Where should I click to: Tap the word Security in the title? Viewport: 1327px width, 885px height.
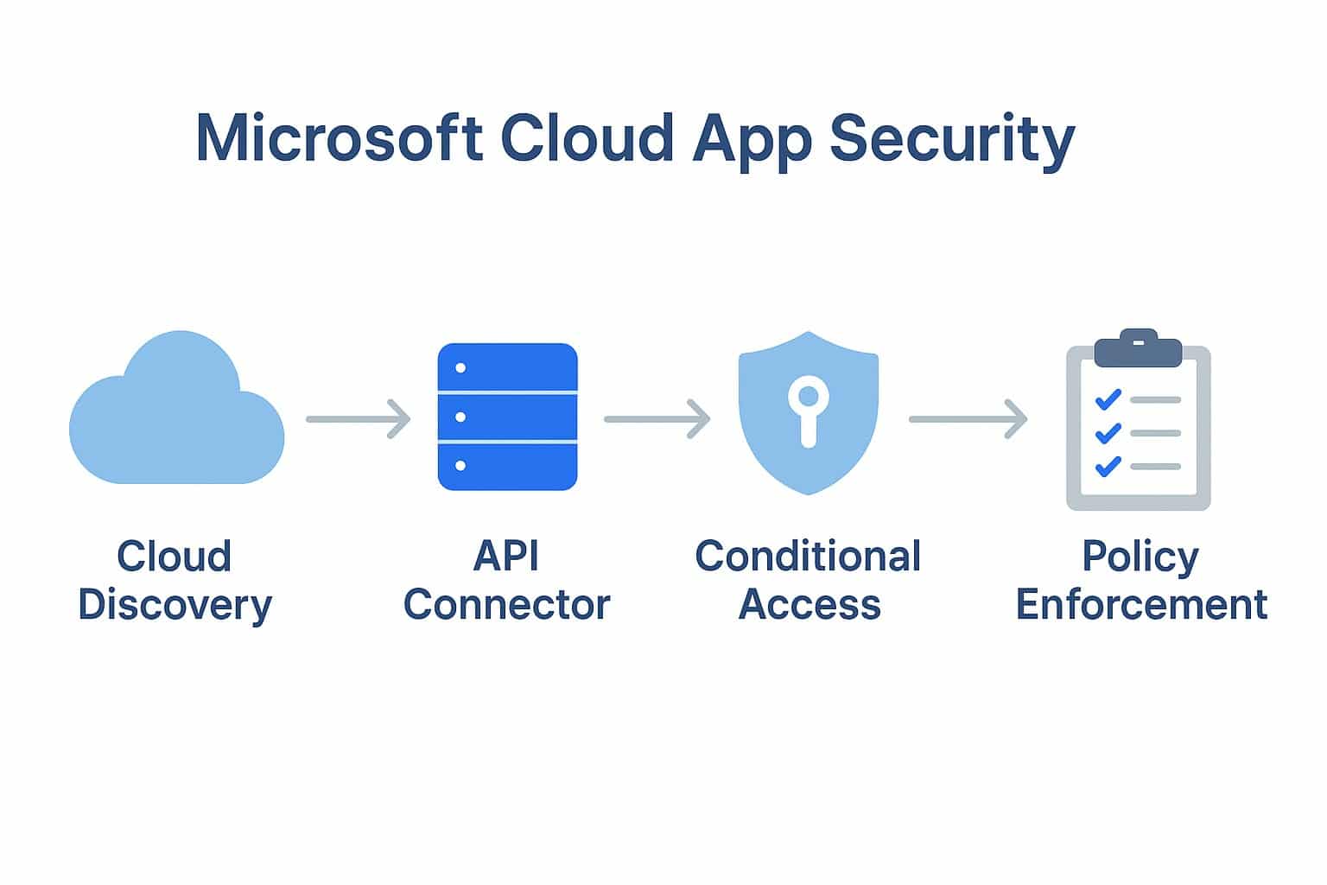click(952, 138)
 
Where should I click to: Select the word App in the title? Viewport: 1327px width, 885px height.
click(752, 138)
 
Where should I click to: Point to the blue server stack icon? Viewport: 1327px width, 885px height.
click(507, 417)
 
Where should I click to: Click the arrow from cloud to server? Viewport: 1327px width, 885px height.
click(359, 419)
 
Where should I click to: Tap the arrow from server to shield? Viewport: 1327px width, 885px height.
click(657, 419)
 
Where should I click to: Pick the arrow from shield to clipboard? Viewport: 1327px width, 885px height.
click(968, 419)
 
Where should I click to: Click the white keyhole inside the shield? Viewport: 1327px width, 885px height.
click(808, 411)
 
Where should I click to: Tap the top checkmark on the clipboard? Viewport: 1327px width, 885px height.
click(1108, 399)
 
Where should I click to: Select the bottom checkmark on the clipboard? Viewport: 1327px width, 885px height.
click(1108, 467)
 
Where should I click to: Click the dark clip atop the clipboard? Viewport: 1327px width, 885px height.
click(1138, 348)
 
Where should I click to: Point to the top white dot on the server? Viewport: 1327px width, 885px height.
click(460, 368)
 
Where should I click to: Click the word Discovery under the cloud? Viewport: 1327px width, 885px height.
click(175, 605)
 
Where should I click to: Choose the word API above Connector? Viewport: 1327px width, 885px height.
click(506, 556)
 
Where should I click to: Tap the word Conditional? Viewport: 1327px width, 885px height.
click(808, 556)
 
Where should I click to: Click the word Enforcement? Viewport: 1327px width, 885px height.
click(1141, 604)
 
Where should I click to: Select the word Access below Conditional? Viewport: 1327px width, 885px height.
click(810, 604)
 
